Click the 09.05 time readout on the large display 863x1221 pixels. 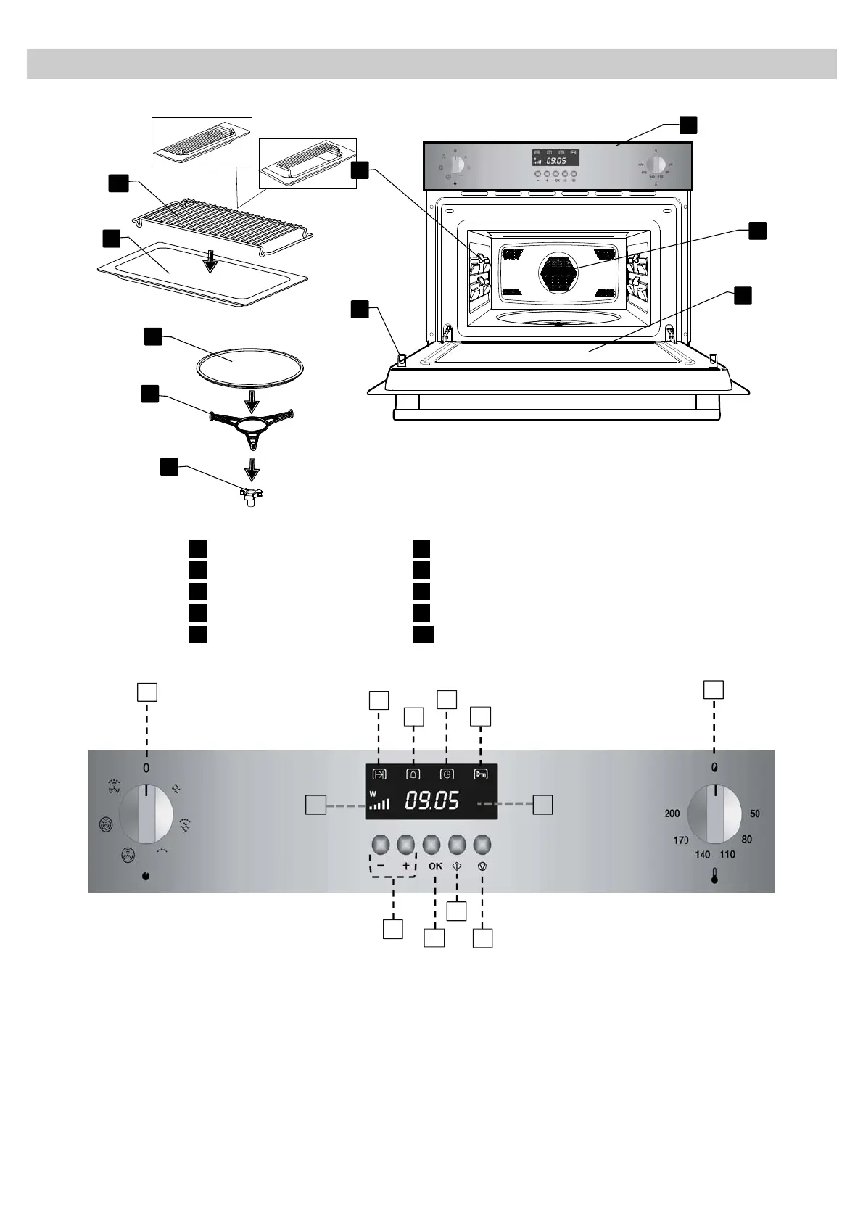click(431, 800)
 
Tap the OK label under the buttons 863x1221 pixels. click(435, 866)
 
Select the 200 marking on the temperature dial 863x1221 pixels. click(672, 814)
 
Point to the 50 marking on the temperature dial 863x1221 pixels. click(755, 814)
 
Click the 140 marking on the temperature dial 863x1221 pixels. click(702, 855)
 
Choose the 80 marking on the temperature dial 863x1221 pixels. click(747, 840)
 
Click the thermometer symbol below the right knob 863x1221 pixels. click(715, 878)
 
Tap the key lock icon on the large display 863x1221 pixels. click(480, 773)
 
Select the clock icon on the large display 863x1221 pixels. click(446, 773)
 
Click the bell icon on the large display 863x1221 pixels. click(413, 773)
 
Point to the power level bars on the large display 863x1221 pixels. click(379, 803)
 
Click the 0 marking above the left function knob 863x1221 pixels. click(146, 768)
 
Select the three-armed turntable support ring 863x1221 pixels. click(250, 424)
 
